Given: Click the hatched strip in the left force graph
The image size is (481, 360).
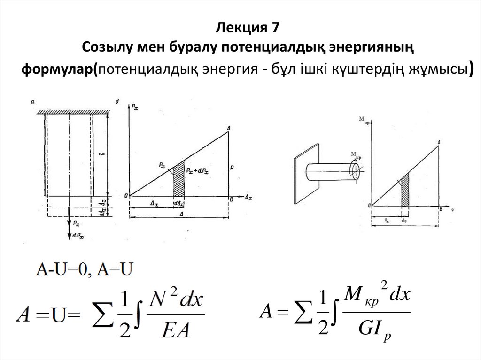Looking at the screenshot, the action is pos(179,180).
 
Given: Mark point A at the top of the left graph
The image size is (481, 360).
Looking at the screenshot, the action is pos(228,128).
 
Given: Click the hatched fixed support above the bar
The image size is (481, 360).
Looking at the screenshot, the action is pos(74,111).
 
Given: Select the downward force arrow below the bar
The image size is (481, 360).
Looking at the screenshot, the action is pos(70,223).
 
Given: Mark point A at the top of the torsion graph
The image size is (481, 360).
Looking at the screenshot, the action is pos(438,142).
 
